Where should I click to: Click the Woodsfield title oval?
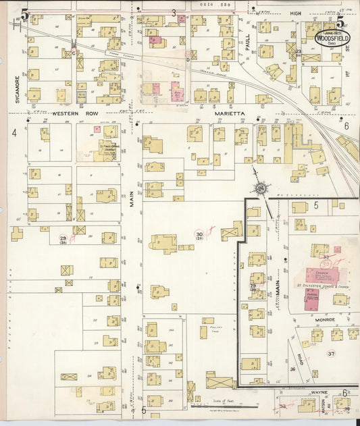331,37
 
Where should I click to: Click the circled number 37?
331,353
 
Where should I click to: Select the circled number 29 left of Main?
63,239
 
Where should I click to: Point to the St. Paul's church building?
107,150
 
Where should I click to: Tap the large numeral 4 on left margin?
14,132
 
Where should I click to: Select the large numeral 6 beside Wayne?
344,393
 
